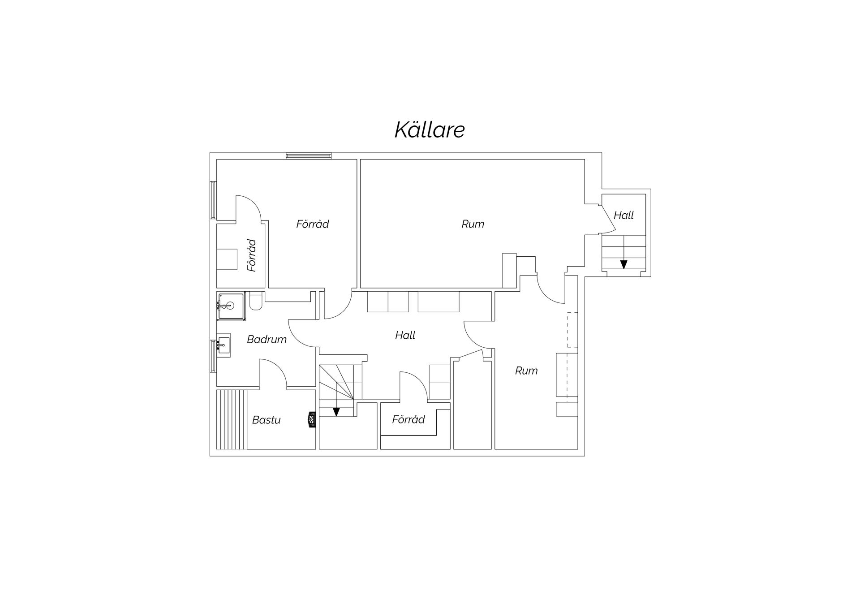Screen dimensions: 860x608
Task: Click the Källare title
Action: point(430,129)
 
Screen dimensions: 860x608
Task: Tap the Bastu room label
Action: point(266,420)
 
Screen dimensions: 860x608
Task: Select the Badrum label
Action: point(267,339)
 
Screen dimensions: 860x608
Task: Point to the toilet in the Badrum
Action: point(256,301)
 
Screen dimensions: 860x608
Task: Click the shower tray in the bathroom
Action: point(231,306)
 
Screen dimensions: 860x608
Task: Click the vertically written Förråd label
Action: point(252,255)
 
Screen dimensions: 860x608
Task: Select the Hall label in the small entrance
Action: point(623,215)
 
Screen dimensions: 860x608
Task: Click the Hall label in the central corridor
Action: point(405,335)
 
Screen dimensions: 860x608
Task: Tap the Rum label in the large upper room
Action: point(473,224)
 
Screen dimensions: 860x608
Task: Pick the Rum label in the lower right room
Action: point(526,371)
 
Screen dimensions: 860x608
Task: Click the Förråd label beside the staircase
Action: point(408,419)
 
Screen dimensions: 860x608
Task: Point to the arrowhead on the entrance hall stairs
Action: point(623,264)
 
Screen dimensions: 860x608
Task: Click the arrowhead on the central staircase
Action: point(336,412)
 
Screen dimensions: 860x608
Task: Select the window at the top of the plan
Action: point(309,155)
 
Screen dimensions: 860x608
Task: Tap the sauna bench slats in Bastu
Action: point(232,419)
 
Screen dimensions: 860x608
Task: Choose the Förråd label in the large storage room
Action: point(312,224)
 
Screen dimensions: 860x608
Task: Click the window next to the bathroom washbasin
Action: point(213,356)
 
